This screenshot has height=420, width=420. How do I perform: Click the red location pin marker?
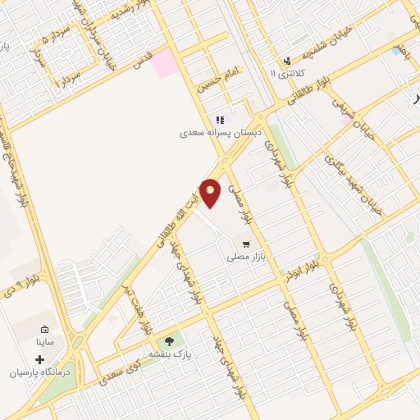[x=211, y=192]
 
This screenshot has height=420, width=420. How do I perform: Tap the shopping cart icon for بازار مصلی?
[x=245, y=244]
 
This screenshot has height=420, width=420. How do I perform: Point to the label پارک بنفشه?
[x=170, y=354]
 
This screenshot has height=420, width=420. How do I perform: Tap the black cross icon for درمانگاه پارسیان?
[x=39, y=359]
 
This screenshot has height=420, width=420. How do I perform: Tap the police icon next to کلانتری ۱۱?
[x=287, y=61]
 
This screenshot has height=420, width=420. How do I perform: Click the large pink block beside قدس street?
[x=166, y=63]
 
